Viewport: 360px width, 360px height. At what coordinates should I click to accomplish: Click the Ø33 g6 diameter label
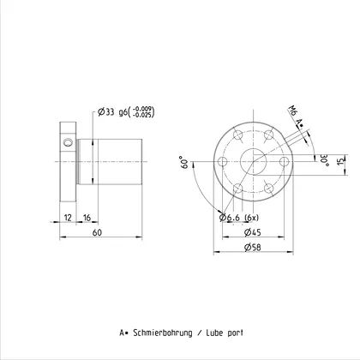point(113,111)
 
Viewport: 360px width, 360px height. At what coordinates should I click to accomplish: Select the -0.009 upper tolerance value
point(142,109)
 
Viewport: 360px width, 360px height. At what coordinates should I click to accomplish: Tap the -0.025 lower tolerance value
point(142,115)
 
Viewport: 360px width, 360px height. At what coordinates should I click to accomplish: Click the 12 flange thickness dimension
point(68,218)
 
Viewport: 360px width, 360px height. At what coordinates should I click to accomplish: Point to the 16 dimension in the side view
point(87,218)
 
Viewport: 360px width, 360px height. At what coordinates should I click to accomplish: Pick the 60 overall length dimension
point(97,232)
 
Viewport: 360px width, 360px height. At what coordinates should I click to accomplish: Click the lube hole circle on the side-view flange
point(69,142)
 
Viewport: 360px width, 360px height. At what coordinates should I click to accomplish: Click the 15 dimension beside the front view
point(341,160)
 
